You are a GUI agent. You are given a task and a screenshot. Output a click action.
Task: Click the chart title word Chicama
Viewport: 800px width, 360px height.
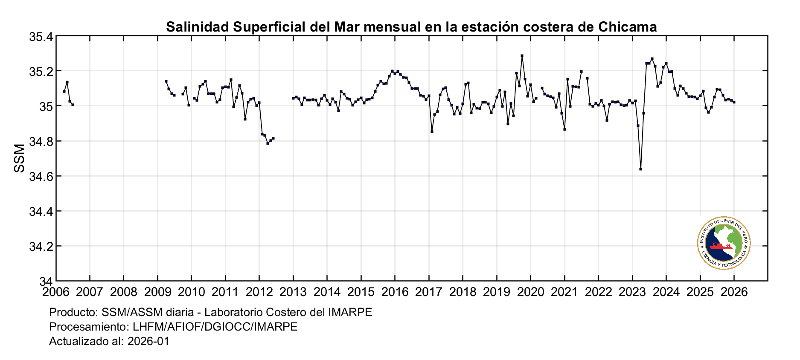click(627, 27)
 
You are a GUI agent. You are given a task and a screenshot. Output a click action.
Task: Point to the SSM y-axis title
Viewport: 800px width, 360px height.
click(20, 158)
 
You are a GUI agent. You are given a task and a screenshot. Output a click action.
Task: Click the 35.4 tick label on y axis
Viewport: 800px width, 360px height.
click(41, 37)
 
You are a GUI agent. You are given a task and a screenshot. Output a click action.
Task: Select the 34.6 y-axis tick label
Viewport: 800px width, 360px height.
click(41, 176)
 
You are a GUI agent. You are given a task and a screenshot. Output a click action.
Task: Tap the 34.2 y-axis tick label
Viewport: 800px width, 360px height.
click(41, 247)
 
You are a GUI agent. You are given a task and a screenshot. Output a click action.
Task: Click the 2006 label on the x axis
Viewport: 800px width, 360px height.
click(55, 292)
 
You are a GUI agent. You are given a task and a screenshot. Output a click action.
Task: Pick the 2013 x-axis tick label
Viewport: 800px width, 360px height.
click(293, 292)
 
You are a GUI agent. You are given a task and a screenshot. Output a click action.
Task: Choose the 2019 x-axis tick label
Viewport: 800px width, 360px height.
click(497, 292)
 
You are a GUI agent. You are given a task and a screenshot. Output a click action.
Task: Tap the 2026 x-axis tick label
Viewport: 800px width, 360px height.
click(734, 292)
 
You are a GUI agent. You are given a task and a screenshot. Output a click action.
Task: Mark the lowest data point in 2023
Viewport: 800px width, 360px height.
click(640, 169)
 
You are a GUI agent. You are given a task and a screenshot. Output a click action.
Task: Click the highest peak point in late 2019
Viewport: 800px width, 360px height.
click(522, 55)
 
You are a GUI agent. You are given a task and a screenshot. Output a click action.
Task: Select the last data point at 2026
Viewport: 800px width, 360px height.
click(734, 102)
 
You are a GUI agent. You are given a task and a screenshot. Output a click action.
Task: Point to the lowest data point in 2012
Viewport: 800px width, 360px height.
click(268, 143)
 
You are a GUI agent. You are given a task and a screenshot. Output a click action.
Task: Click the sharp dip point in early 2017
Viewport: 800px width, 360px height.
click(432, 131)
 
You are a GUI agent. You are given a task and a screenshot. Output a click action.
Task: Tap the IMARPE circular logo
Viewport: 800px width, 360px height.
click(724, 243)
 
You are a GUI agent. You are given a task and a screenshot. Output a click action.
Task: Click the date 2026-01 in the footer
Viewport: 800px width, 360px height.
click(148, 342)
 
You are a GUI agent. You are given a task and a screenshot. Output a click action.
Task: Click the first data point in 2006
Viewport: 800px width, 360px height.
click(64, 91)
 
